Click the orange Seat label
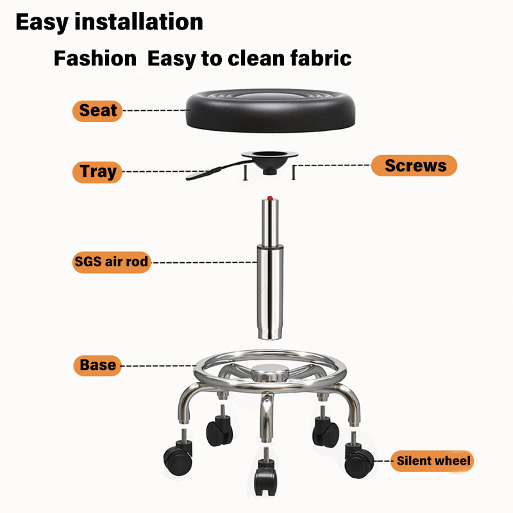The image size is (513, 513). click(x=98, y=111)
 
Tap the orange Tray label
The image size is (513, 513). click(x=98, y=172)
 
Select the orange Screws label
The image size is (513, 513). click(x=415, y=165)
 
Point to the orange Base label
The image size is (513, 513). click(x=98, y=366)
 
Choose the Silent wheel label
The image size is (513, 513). click(x=433, y=460)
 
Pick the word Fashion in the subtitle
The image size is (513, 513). click(x=95, y=59)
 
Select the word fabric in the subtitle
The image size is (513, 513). click(x=320, y=59)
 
